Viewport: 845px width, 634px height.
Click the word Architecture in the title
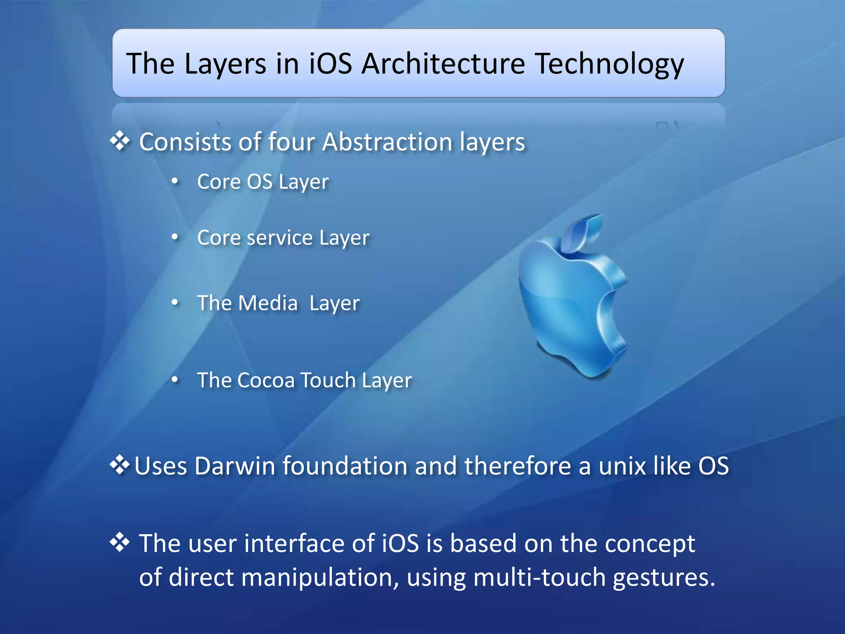point(443,64)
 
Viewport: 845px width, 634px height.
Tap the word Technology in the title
point(610,65)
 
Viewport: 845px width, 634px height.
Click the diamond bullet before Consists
point(120,141)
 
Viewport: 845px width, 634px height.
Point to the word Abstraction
point(387,142)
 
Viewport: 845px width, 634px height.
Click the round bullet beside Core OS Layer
point(175,181)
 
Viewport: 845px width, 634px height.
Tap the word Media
point(268,303)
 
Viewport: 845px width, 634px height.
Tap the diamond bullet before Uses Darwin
point(119,465)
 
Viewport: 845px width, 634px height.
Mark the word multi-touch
point(539,577)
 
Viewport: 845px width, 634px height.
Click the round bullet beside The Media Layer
point(175,303)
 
